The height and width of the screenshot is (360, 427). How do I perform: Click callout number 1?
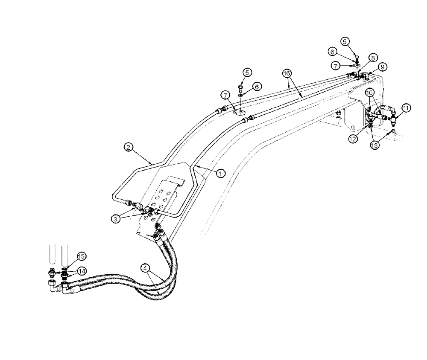[220, 173]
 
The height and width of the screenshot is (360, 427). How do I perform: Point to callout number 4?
[146, 268]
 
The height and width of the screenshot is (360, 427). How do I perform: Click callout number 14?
[82, 270]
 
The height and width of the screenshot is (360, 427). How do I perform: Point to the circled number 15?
[82, 256]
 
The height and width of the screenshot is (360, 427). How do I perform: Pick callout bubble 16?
[286, 73]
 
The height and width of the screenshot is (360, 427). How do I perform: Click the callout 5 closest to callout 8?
[345, 41]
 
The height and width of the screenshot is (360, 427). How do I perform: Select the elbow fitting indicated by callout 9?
[366, 76]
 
